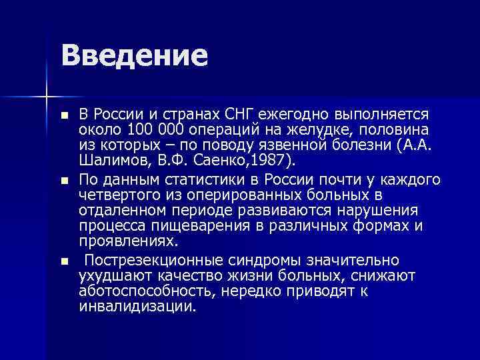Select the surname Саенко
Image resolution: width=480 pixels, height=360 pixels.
pyautogui.click(x=216, y=159)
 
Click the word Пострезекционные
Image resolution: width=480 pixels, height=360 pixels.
pyautogui.click(x=155, y=259)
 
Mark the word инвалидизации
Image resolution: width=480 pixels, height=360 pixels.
pyautogui.click(x=138, y=307)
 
